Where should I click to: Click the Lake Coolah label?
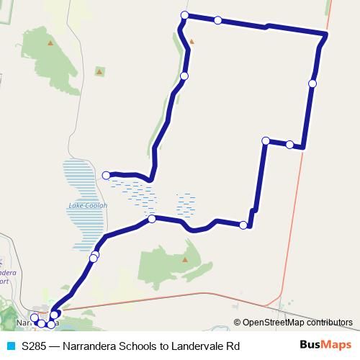pos(87,205)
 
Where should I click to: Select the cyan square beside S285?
pos(9,346)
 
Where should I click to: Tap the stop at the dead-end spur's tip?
pos(106,175)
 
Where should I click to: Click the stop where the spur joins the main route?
pos(151,219)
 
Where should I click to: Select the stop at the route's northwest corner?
pos(185,15)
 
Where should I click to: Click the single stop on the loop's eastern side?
pos(312,84)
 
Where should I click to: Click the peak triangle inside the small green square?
pos(99,71)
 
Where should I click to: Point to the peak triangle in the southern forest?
pos(185,260)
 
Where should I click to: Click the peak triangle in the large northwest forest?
pos(50,42)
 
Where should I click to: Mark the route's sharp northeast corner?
pos(327,35)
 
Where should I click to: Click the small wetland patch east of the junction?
pos(186,204)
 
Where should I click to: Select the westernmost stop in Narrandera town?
pos(34,318)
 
